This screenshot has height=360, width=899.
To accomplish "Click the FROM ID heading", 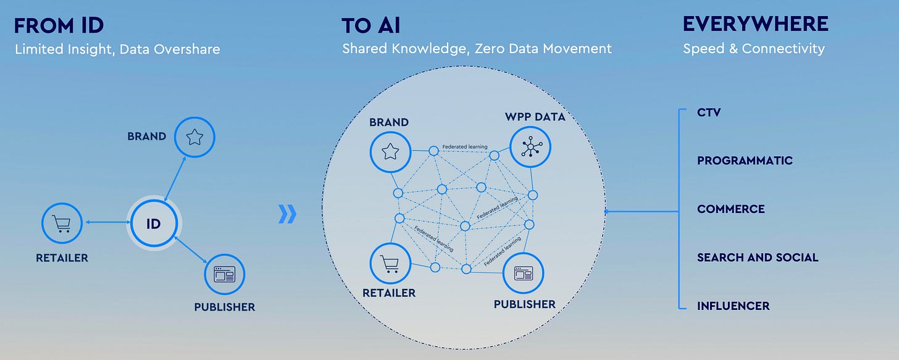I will click(x=59, y=25).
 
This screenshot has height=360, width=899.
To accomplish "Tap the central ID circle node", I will click(x=153, y=224).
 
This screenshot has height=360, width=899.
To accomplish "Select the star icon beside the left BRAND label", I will click(x=194, y=137).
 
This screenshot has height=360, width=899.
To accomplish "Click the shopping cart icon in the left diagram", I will click(x=62, y=224).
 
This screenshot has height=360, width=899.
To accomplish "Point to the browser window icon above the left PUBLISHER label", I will click(x=225, y=275).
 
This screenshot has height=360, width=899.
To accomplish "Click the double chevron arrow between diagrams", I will click(x=287, y=214).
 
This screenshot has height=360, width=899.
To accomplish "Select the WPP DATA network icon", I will click(x=530, y=147).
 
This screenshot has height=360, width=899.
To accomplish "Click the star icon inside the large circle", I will click(x=390, y=151).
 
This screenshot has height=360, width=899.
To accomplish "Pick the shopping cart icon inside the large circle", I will click(x=390, y=264).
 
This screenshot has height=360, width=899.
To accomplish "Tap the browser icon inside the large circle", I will click(x=524, y=273).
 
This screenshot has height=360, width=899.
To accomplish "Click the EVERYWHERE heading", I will click(x=755, y=24).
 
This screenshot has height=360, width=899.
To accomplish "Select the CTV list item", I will click(x=709, y=112).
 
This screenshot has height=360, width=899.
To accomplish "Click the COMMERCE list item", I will click(x=730, y=209).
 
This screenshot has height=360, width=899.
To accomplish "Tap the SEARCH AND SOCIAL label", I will click(x=757, y=257).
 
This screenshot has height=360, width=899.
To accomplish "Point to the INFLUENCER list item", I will click(x=733, y=306).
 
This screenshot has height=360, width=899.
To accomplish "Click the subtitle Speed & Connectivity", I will click(x=753, y=49).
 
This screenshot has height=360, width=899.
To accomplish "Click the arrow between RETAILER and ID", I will click(x=107, y=222).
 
